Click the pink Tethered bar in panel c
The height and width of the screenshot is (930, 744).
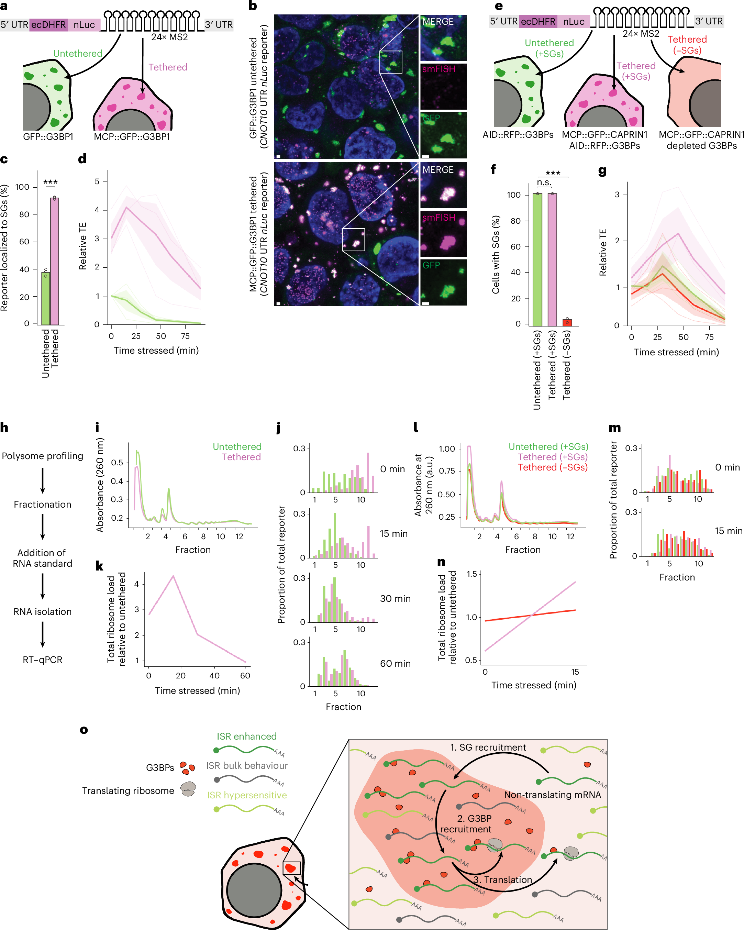pos(55,261)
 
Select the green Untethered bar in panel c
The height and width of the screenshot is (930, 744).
pos(45,298)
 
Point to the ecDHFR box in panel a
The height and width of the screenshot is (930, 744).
pos(49,25)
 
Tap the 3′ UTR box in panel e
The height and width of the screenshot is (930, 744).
pos(709,21)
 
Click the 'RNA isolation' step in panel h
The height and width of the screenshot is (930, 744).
pos(42,611)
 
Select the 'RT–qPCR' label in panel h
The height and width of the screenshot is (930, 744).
pos(42,660)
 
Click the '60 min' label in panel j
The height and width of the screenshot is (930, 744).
pos(395,663)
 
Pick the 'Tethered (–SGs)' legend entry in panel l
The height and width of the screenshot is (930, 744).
pos(553,467)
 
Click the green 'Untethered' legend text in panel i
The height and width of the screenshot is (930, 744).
pos(237,446)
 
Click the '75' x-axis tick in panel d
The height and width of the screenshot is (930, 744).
pos(186,336)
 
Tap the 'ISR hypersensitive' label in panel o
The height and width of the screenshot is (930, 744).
pos(247,795)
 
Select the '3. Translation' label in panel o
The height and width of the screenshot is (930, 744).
pos(502,879)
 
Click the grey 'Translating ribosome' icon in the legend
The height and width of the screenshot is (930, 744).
pos(188,789)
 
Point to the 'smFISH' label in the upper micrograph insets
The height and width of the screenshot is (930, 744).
pos(438,69)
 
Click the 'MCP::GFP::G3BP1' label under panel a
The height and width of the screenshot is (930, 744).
pos(132,137)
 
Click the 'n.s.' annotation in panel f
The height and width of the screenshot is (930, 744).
pos(544,182)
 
